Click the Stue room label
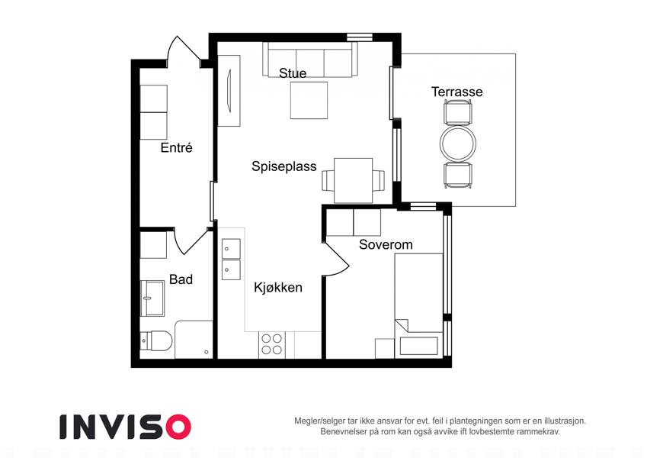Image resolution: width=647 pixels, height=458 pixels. (293, 73)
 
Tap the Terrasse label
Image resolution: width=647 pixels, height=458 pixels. (456, 92)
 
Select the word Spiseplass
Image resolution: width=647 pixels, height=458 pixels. (284, 166)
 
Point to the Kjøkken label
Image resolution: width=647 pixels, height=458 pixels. (278, 287)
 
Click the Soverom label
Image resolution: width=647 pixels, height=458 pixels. (386, 244)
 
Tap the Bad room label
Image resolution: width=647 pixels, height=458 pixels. (181, 279)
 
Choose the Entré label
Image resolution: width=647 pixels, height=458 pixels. (176, 147)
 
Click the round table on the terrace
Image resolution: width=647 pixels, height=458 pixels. (457, 144)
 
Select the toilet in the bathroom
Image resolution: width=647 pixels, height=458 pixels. (156, 340)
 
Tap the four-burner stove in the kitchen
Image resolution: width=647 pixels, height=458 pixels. (271, 345)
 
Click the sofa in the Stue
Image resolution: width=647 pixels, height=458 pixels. (310, 60)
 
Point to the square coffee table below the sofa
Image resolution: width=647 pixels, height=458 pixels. (309, 101)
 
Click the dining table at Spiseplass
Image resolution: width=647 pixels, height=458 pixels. (353, 181)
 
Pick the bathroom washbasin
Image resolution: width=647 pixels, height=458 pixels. (152, 298)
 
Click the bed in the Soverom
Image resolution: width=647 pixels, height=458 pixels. (418, 305)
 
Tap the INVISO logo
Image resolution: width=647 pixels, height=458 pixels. (126, 427)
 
